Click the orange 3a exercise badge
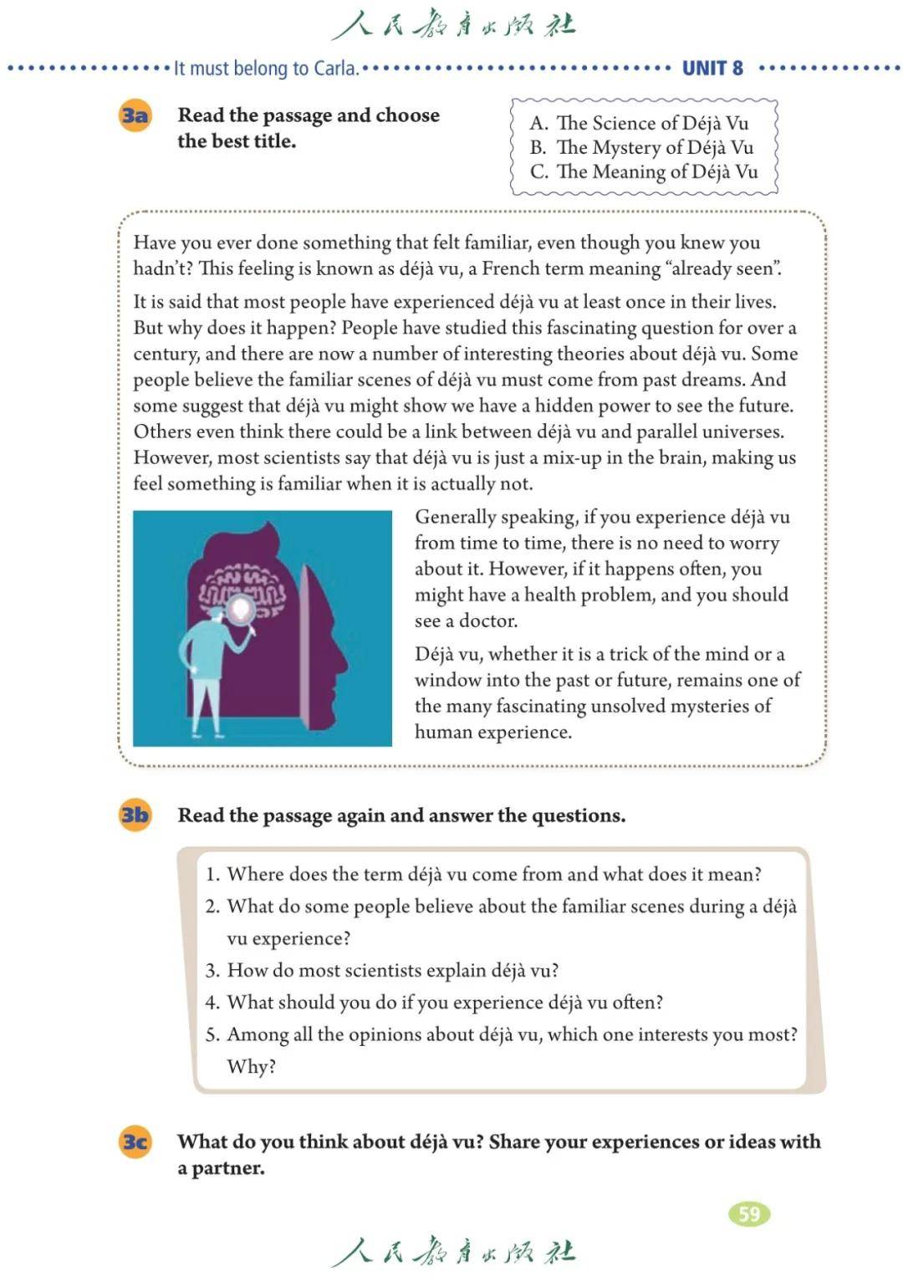coord(135,115)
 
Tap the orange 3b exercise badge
coord(135,814)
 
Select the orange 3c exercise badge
coord(135,1141)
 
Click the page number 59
coord(749,1213)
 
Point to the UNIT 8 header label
coord(712,69)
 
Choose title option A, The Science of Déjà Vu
coord(640,123)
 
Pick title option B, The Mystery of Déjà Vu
coord(642,147)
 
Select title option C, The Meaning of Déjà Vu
coord(644,171)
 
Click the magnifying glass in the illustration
coord(242,610)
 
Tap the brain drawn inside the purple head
coord(242,590)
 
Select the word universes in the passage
coord(741,431)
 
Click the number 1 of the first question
coord(212,875)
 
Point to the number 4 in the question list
coord(212,1003)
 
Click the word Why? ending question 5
coord(251,1066)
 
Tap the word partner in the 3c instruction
coord(227,1168)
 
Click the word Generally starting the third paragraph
coord(455,517)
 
